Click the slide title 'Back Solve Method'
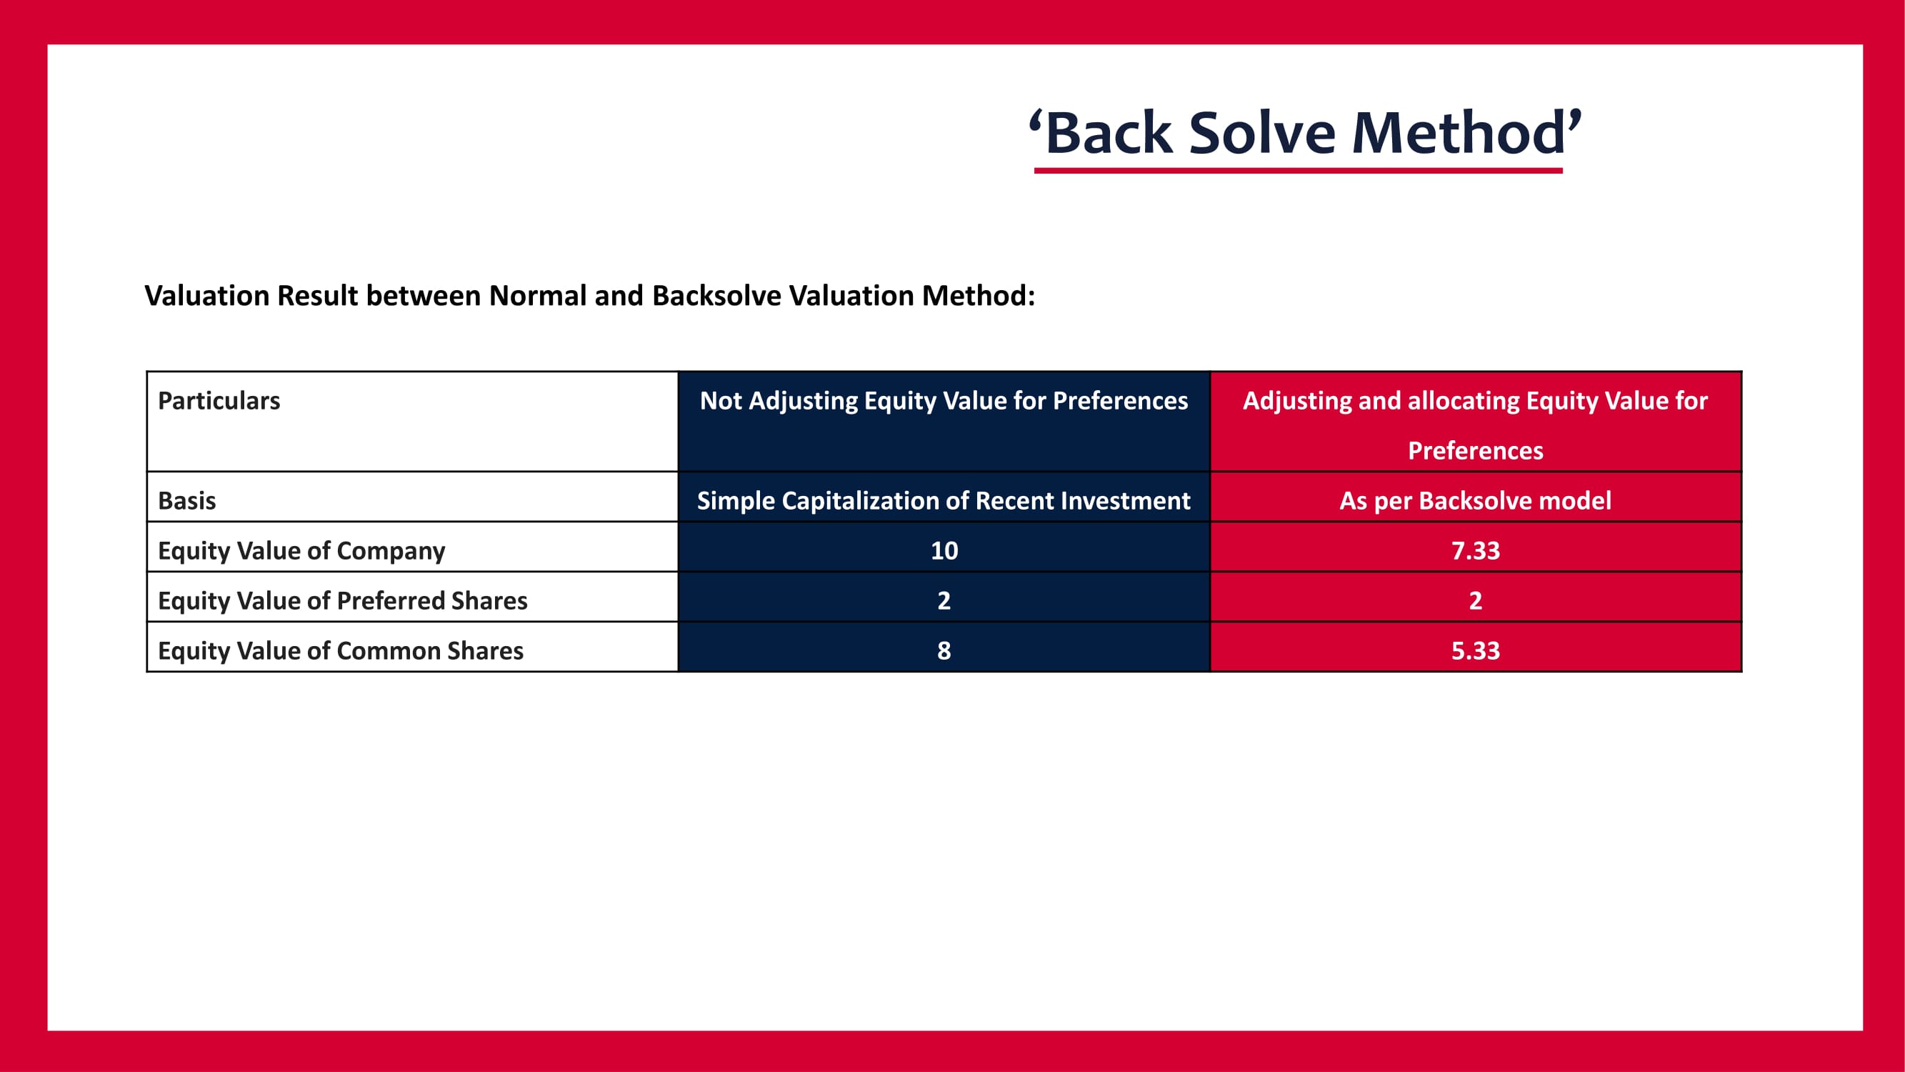[1305, 132]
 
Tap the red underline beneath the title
[1298, 171]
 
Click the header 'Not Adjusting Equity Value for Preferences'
[944, 400]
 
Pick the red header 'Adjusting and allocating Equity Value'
[1475, 425]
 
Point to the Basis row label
[187, 501]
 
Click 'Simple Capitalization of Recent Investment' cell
[944, 501]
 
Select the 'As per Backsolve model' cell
[1475, 501]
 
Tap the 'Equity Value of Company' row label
[301, 550]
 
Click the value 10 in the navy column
[944, 550]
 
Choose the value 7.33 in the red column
[1475, 550]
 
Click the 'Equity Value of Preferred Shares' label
[342, 601]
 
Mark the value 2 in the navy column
[944, 601]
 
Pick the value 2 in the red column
[1475, 601]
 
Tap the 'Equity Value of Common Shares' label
[340, 651]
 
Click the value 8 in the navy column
[944, 651]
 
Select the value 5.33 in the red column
[1475, 651]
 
